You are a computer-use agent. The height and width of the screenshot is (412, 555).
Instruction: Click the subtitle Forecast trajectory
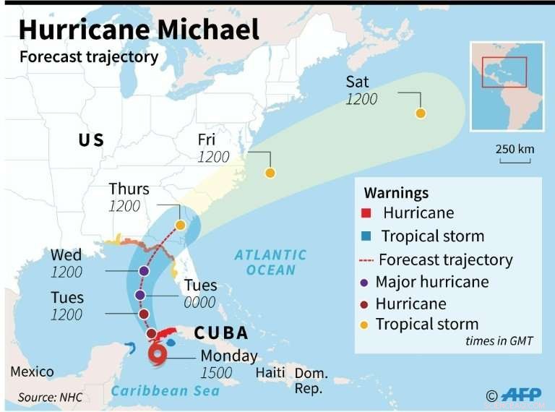(x=88, y=57)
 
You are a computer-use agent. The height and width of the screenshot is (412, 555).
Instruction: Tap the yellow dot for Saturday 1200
(x=420, y=113)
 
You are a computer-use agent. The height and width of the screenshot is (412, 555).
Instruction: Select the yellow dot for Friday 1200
(x=270, y=173)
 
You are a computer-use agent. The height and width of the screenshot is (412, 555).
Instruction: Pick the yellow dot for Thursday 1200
(x=180, y=225)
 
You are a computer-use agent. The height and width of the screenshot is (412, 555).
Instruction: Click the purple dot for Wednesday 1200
(x=145, y=271)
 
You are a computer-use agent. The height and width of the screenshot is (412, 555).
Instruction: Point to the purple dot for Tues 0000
(x=140, y=295)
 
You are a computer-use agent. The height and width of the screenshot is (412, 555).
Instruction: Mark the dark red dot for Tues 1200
(x=144, y=314)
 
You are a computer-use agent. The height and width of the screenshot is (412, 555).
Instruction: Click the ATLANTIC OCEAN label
(x=270, y=262)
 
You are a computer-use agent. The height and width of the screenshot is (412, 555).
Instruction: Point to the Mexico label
(x=32, y=372)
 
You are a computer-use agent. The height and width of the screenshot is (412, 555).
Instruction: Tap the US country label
(x=91, y=140)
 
